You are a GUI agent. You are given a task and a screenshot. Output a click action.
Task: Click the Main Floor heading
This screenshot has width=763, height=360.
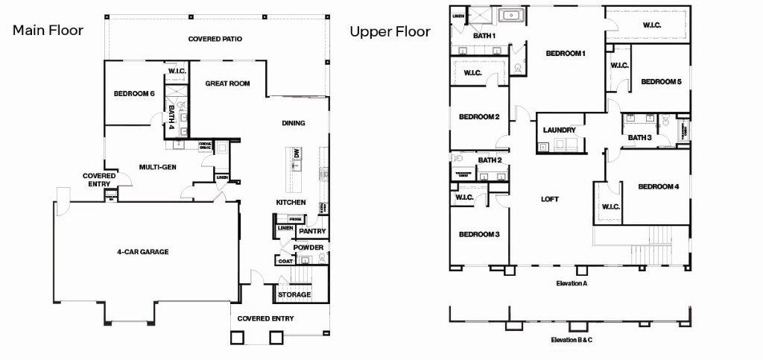pyautogui.click(x=47, y=31)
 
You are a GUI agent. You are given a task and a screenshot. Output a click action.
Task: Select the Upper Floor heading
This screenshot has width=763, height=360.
pyautogui.click(x=390, y=31)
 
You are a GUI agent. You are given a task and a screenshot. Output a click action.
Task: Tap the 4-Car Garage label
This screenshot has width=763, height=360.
pyautogui.click(x=143, y=252)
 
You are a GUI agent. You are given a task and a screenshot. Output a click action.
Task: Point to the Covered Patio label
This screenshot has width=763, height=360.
pyautogui.click(x=215, y=39)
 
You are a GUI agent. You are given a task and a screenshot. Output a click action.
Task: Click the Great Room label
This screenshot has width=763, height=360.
pyautogui.click(x=227, y=83)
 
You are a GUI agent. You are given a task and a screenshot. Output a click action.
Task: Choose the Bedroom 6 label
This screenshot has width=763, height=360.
pyautogui.click(x=134, y=94)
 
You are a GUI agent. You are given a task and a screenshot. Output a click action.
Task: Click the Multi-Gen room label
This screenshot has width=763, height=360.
pyautogui.click(x=158, y=167)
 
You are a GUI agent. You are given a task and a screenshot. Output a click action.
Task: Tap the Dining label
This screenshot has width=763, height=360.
pyautogui.click(x=294, y=123)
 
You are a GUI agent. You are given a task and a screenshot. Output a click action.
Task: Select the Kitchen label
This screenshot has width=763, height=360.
pyautogui.click(x=291, y=203)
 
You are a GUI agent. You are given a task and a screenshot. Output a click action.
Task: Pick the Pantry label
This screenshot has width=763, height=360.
pyautogui.click(x=313, y=232)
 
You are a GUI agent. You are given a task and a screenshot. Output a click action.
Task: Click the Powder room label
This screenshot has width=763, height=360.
pyautogui.click(x=307, y=247)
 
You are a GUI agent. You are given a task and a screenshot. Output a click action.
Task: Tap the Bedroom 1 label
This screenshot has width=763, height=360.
pyautogui.click(x=566, y=54)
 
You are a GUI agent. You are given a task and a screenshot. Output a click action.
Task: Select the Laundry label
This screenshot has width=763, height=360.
pyautogui.click(x=559, y=130)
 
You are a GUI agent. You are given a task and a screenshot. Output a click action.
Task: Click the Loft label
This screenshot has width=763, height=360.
pyautogui.click(x=550, y=199)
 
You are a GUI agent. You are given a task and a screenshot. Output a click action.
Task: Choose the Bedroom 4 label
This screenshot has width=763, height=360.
pyautogui.click(x=658, y=186)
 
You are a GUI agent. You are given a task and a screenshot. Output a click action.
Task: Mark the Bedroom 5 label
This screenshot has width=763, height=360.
pyautogui.click(x=661, y=82)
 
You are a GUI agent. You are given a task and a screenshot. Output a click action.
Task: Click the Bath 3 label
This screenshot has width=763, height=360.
pyautogui.click(x=639, y=137)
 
